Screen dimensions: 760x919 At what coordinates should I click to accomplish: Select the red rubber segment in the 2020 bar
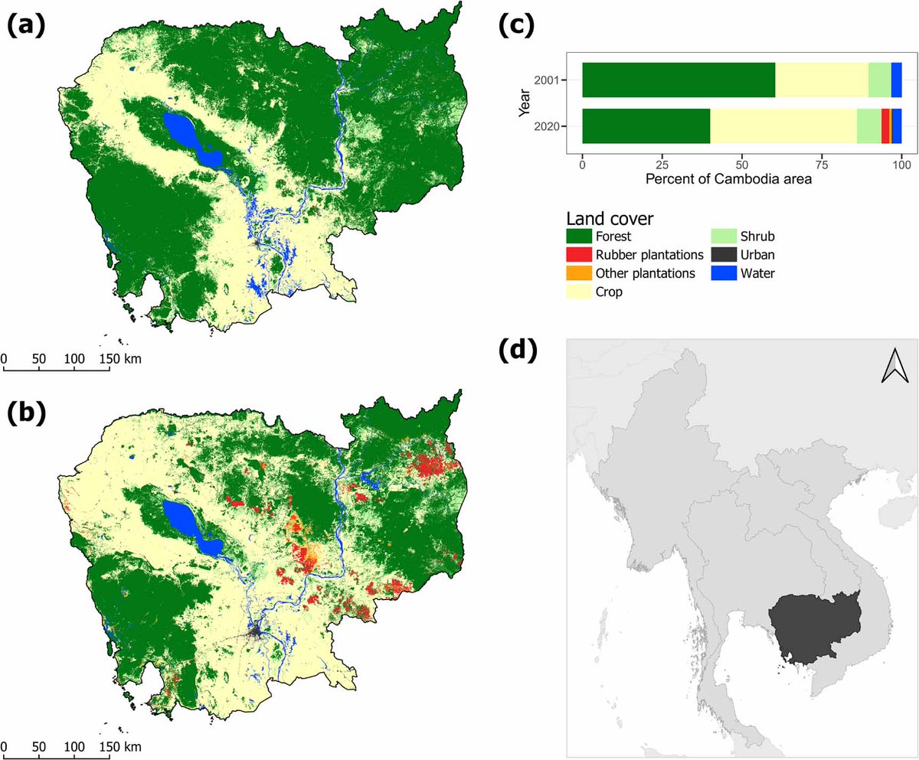tap(885, 126)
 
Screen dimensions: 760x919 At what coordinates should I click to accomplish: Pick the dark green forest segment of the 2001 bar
tap(678, 80)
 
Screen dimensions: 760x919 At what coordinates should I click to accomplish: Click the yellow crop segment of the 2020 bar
tap(783, 126)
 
